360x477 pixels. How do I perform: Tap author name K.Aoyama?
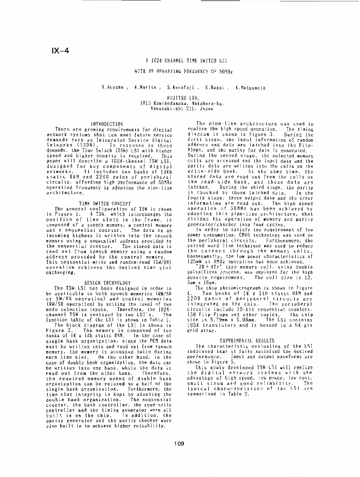point(113,88)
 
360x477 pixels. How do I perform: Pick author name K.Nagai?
point(215,88)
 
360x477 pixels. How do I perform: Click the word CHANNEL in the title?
point(178,61)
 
